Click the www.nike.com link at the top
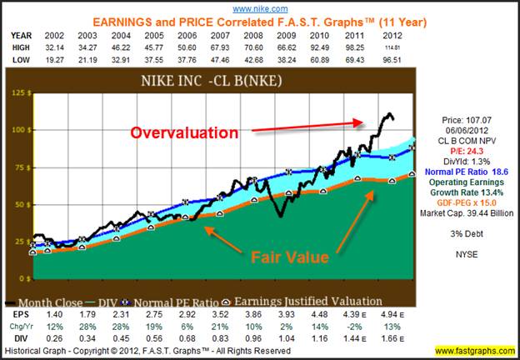point(259,7)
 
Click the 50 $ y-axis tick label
point(17,204)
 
